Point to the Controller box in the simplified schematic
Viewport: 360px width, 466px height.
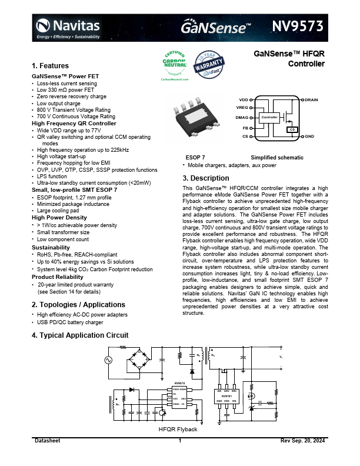point(269,117)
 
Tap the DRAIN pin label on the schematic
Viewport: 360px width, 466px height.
point(312,100)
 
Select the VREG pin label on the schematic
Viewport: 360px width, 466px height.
point(242,108)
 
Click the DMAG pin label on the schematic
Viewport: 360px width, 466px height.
point(242,118)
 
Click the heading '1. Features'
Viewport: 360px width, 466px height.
point(50,66)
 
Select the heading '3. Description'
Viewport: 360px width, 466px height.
point(202,178)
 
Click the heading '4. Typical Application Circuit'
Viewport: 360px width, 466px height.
point(79,335)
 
